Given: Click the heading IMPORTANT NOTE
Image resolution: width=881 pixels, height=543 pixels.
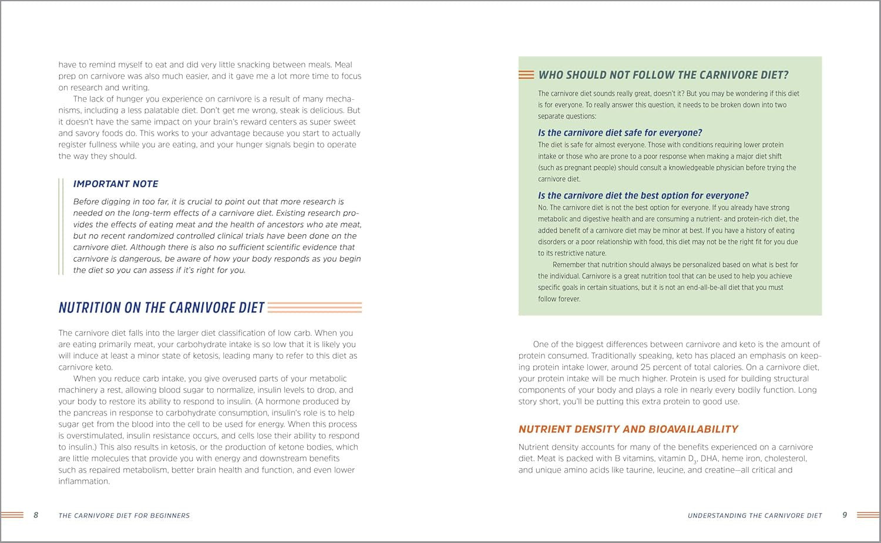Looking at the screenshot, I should [x=116, y=184].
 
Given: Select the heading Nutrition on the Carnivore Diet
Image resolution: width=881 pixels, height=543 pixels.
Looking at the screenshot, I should [x=162, y=308].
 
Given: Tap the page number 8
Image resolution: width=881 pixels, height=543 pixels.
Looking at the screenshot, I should [x=36, y=515].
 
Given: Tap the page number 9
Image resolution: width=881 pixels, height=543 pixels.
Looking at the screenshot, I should [x=845, y=515].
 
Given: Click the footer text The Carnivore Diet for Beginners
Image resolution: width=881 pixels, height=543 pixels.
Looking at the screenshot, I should [x=124, y=515].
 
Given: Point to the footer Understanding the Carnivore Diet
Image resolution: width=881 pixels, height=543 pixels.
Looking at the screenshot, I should [x=755, y=515].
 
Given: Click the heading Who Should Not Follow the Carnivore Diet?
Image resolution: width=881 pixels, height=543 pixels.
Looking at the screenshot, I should [x=663, y=75].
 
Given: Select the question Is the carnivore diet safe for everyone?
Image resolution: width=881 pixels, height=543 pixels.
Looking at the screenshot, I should [x=620, y=133].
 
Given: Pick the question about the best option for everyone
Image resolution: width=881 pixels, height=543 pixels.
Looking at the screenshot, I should [x=643, y=195].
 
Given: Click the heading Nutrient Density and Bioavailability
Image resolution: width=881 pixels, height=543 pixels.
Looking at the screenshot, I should [x=628, y=429].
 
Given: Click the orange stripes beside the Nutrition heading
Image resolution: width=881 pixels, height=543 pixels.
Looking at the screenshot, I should [x=315, y=308].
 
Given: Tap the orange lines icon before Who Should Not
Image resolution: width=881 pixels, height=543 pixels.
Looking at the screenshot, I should [x=526, y=75].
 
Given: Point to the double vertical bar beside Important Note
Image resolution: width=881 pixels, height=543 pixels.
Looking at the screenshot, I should [x=61, y=227].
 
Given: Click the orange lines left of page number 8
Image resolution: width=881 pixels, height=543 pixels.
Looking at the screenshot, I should [x=12, y=515].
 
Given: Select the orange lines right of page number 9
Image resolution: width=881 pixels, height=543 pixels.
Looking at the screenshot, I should [x=868, y=515].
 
